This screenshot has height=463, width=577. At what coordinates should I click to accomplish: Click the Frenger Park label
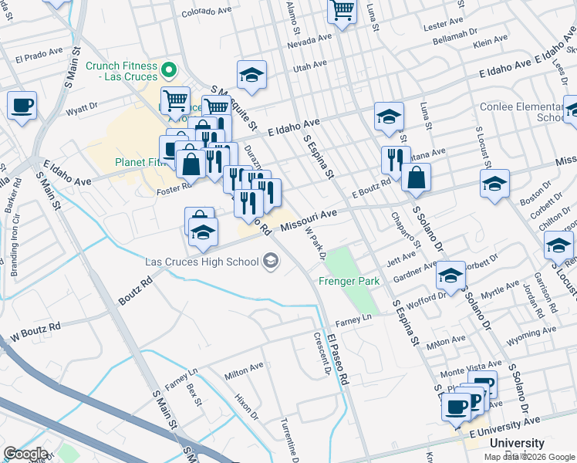pyautogui.click(x=349, y=282)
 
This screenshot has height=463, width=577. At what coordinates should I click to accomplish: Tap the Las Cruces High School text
pyautogui.click(x=202, y=262)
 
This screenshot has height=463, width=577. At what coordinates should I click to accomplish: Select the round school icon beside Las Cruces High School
pyautogui.click(x=270, y=262)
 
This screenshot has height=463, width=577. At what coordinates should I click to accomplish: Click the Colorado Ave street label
pyautogui.click(x=207, y=12)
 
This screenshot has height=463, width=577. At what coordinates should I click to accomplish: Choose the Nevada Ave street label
pyautogui.click(x=309, y=42)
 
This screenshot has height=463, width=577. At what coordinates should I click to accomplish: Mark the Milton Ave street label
pyautogui.click(x=244, y=370)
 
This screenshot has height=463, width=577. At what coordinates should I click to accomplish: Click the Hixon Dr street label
pyautogui.click(x=246, y=404)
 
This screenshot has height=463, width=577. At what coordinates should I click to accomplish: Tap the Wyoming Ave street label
pyautogui.click(x=532, y=333)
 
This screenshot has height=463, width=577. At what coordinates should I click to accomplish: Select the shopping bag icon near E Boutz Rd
pyautogui.click(x=416, y=177)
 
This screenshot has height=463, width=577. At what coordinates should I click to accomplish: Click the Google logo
pyautogui.click(x=25, y=454)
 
